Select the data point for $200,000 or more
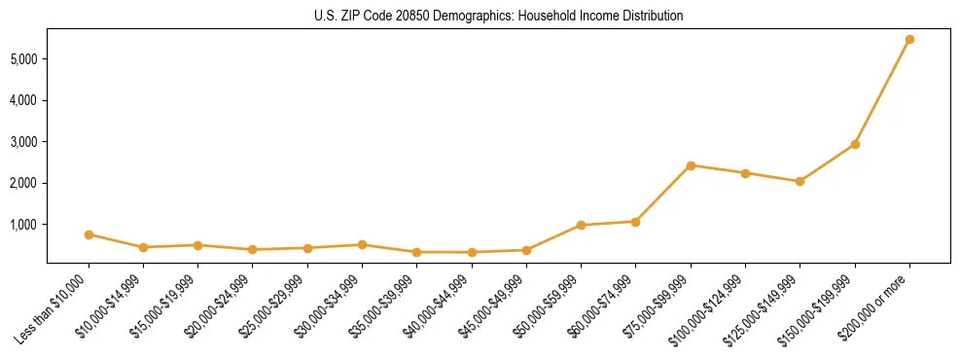click(x=909, y=40)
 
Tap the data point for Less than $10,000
click(x=89, y=234)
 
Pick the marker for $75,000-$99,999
click(x=691, y=165)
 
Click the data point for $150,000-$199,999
click(x=855, y=144)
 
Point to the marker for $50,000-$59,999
click(x=581, y=225)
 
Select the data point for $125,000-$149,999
click(x=800, y=181)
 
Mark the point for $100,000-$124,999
click(x=745, y=173)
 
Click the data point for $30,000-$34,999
click(x=362, y=244)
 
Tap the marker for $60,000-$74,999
click(x=635, y=222)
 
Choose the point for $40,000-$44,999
click(x=472, y=252)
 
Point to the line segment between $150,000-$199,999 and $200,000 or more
click(x=882, y=92)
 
